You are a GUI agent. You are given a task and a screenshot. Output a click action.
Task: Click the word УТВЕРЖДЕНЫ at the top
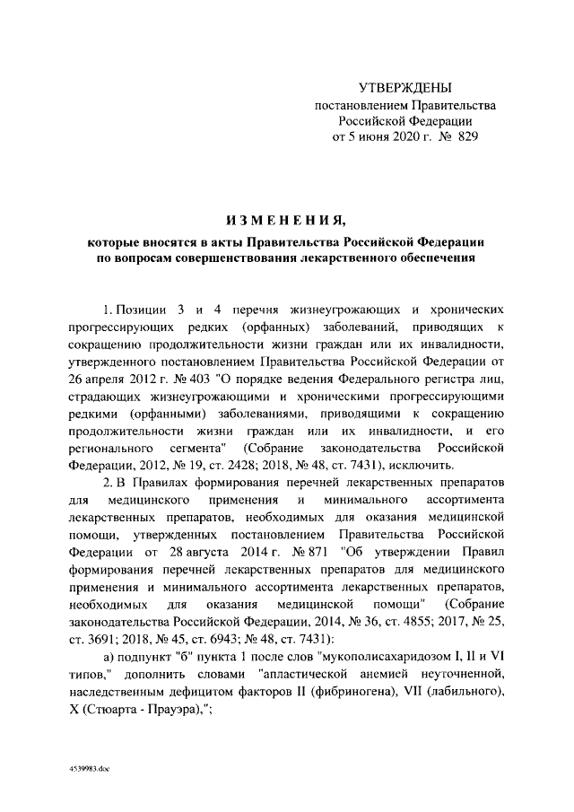click(404, 87)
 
